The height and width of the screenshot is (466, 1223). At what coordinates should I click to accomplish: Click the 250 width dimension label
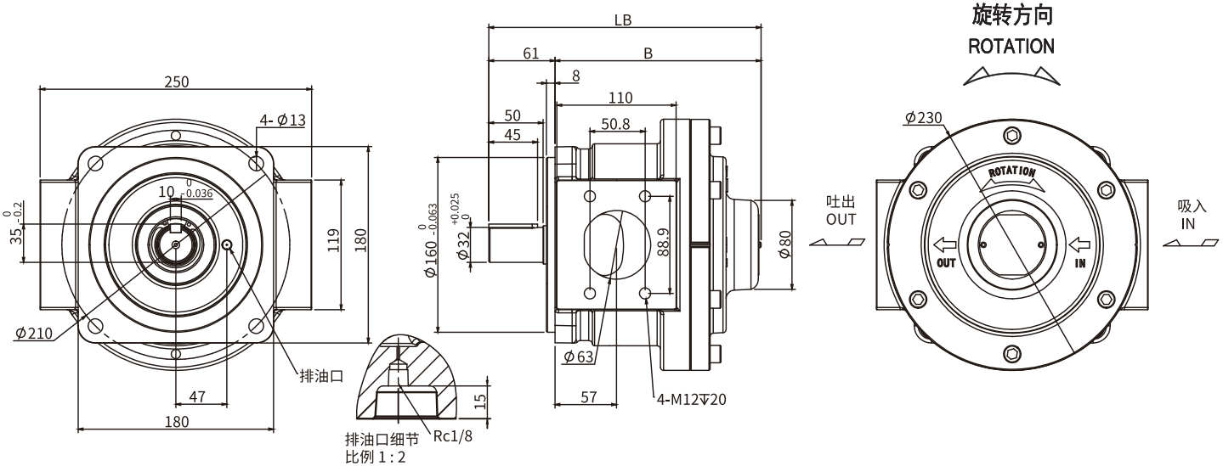point(176,81)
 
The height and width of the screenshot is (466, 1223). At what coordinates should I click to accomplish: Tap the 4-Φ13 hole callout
point(282,121)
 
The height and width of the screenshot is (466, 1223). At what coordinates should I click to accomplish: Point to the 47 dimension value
point(196,396)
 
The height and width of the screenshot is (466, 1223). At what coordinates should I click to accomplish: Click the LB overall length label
point(623,20)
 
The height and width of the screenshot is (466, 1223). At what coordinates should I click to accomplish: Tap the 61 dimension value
point(530,53)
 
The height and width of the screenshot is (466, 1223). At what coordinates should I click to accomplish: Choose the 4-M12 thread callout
point(690,399)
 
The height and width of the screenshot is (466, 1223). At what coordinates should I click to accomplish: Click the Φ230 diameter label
point(924,118)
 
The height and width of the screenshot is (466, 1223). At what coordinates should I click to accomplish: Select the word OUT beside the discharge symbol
point(841,219)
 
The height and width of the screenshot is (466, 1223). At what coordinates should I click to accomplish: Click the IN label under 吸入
point(1187,223)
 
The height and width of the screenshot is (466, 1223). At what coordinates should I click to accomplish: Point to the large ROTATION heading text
point(1011,46)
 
